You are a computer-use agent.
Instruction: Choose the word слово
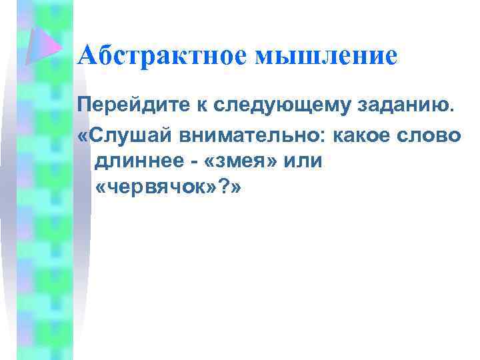pyautogui.click(x=435, y=134)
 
